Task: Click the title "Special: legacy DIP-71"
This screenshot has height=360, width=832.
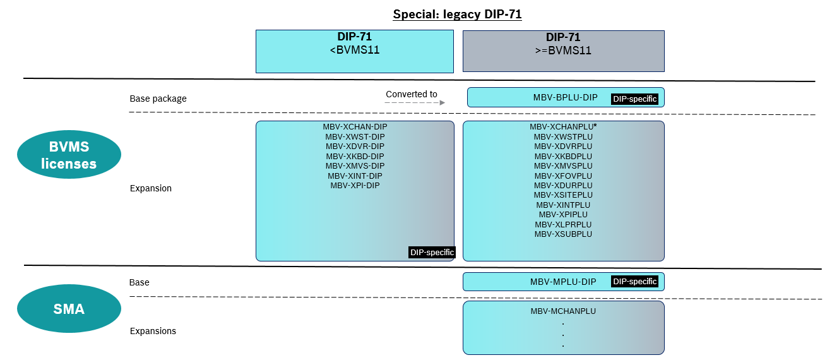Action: point(457,14)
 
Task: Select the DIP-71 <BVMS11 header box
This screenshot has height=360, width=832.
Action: point(354,51)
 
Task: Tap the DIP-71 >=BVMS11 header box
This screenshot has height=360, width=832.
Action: point(563,51)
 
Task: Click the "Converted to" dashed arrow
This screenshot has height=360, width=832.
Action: point(415,102)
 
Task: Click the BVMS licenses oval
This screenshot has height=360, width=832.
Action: point(69,156)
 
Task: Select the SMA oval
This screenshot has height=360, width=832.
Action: point(69,309)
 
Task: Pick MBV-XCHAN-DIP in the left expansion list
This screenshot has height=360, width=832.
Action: point(355,127)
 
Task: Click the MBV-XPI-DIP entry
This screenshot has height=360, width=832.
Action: point(355,186)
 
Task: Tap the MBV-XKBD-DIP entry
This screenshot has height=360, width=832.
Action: point(355,156)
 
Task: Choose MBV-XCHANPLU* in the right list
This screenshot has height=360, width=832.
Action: point(563,127)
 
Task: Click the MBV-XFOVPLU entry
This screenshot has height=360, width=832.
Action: point(563,176)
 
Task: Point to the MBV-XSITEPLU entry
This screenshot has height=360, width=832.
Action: point(563,195)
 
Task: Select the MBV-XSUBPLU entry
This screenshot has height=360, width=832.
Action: point(563,234)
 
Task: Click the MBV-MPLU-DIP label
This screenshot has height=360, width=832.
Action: point(563,282)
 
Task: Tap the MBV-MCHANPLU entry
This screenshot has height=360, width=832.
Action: point(563,311)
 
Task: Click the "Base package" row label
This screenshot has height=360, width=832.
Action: point(158,99)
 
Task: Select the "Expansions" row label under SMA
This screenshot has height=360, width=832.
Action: point(153,331)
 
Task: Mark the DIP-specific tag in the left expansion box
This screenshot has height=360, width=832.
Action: point(432,253)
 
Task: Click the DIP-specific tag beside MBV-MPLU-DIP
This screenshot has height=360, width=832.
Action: point(635,282)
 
